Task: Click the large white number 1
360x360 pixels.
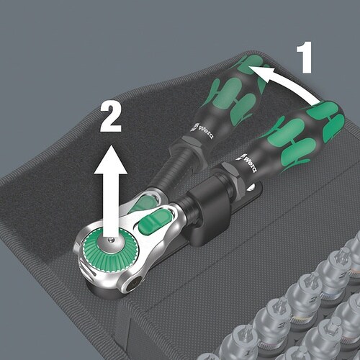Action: (x=305, y=58)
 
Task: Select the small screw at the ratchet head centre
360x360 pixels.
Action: (x=110, y=240)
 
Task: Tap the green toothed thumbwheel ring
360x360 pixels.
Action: (x=111, y=250)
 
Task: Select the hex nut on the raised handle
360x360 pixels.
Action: (x=189, y=146)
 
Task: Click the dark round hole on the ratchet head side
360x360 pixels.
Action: (x=133, y=285)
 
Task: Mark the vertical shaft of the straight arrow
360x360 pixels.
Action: (x=111, y=205)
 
